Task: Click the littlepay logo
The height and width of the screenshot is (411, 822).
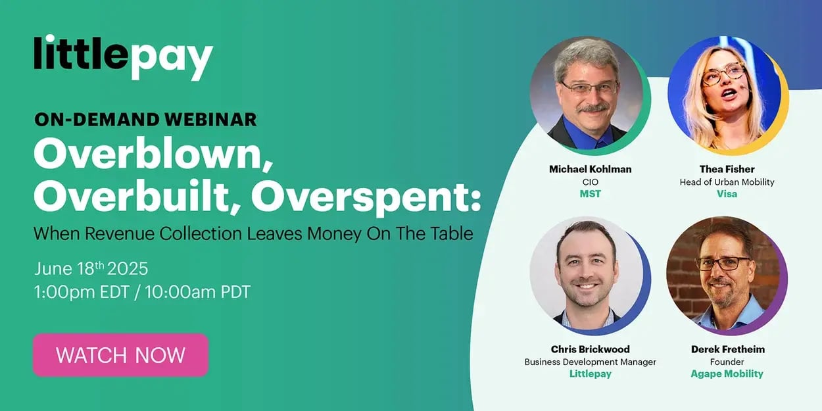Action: click(123, 57)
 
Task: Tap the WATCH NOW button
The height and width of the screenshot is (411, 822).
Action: click(120, 355)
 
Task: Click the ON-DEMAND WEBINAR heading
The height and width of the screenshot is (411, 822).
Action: click(145, 119)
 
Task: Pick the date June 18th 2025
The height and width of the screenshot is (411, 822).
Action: click(91, 268)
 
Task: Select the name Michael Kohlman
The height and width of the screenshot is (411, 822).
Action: click(590, 169)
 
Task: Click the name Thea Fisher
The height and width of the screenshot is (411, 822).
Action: click(727, 169)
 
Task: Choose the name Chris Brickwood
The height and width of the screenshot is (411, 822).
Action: click(590, 349)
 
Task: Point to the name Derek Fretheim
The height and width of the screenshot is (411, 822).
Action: click(727, 349)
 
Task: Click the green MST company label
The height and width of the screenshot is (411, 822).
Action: click(590, 194)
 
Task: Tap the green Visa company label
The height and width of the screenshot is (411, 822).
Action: click(727, 194)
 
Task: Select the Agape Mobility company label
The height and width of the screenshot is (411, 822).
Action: click(727, 374)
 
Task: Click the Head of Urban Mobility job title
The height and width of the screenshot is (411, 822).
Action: click(727, 181)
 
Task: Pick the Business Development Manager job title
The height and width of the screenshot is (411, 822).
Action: click(590, 362)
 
